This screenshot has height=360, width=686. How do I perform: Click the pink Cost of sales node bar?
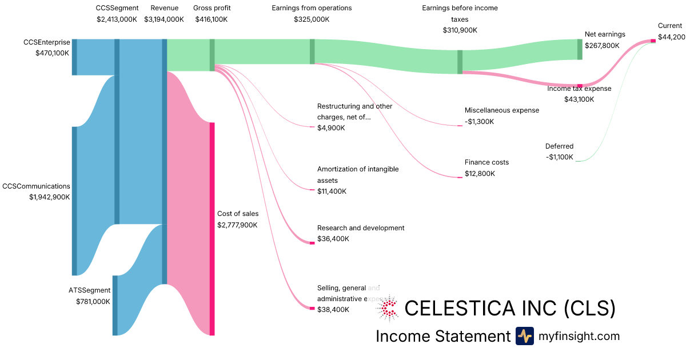pyautogui.click(x=212, y=229)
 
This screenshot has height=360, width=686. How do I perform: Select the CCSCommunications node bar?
pyautogui.click(x=74, y=201)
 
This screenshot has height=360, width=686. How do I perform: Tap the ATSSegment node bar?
pyautogui.click(x=115, y=305)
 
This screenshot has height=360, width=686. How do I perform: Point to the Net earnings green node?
pyautogui.click(x=580, y=49)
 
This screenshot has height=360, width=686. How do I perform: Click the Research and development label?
pyautogui.click(x=360, y=228)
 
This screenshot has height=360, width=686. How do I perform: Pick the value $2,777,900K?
pyautogui.click(x=237, y=225)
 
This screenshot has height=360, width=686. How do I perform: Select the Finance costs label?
pyautogui.click(x=486, y=162)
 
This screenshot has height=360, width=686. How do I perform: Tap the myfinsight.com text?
pyautogui.click(x=579, y=336)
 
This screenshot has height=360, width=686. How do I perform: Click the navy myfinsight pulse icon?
pyautogui.click(x=524, y=336)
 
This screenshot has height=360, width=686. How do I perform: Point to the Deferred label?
pyautogui.click(x=559, y=146)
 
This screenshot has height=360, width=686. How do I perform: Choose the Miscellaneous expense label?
pyautogui.click(x=501, y=110)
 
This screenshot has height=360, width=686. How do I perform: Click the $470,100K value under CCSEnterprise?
pyautogui.click(x=52, y=53)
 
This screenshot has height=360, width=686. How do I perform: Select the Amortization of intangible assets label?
pyautogui.click(x=358, y=175)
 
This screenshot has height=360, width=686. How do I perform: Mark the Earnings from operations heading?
pyautogui.click(x=312, y=8)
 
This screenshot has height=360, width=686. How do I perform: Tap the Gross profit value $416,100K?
pyautogui.click(x=212, y=19)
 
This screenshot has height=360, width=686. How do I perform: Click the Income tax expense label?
pyautogui.click(x=579, y=89)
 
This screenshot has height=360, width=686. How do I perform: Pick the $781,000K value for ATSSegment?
pyautogui.click(x=93, y=302)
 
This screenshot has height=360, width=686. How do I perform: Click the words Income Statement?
pyautogui.click(x=442, y=336)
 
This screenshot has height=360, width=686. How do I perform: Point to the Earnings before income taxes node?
pyautogui.click(x=460, y=62)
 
